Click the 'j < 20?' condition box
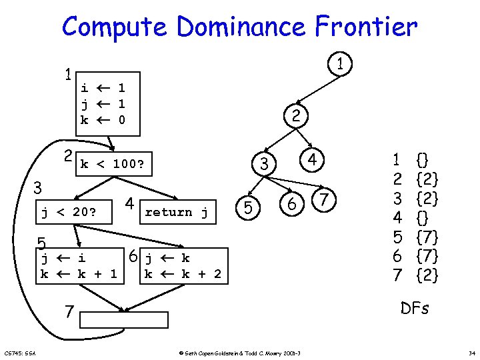pyautogui.click(x=69, y=213)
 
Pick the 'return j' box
pyautogui.click(x=177, y=212)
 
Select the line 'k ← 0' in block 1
pyautogui.click(x=103, y=120)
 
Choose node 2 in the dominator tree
pyautogui.click(x=295, y=116)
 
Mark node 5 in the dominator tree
pyautogui.click(x=247, y=209)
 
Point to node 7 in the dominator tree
pyautogui.click(x=323, y=199)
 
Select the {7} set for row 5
pyautogui.click(x=427, y=236)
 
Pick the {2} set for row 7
pyautogui.click(x=427, y=274)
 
